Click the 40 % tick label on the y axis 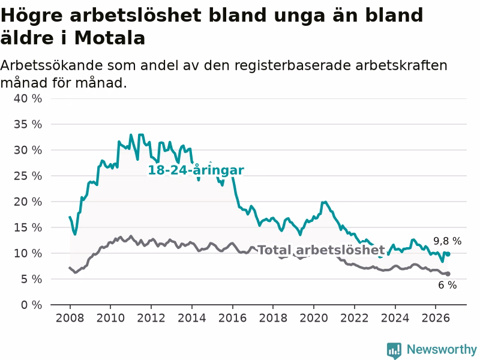[x=28, y=98]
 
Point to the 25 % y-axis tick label [x=28, y=176]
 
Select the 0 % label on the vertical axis [x=32, y=305]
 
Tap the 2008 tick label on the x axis [x=70, y=318]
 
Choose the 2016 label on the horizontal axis [x=232, y=318]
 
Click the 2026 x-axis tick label [x=436, y=318]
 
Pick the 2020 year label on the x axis [x=314, y=318]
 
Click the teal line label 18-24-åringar [x=196, y=170]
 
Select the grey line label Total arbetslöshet [x=322, y=250]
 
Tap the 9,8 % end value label [x=447, y=241]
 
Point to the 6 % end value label [x=447, y=285]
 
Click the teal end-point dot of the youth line [x=448, y=254]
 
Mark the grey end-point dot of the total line [x=448, y=274]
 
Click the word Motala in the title [x=110, y=38]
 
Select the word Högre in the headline [x=32, y=16]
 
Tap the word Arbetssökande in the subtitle [x=52, y=65]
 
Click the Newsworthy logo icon [x=394, y=350]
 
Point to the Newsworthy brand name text [x=442, y=349]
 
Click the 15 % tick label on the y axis [x=28, y=227]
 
